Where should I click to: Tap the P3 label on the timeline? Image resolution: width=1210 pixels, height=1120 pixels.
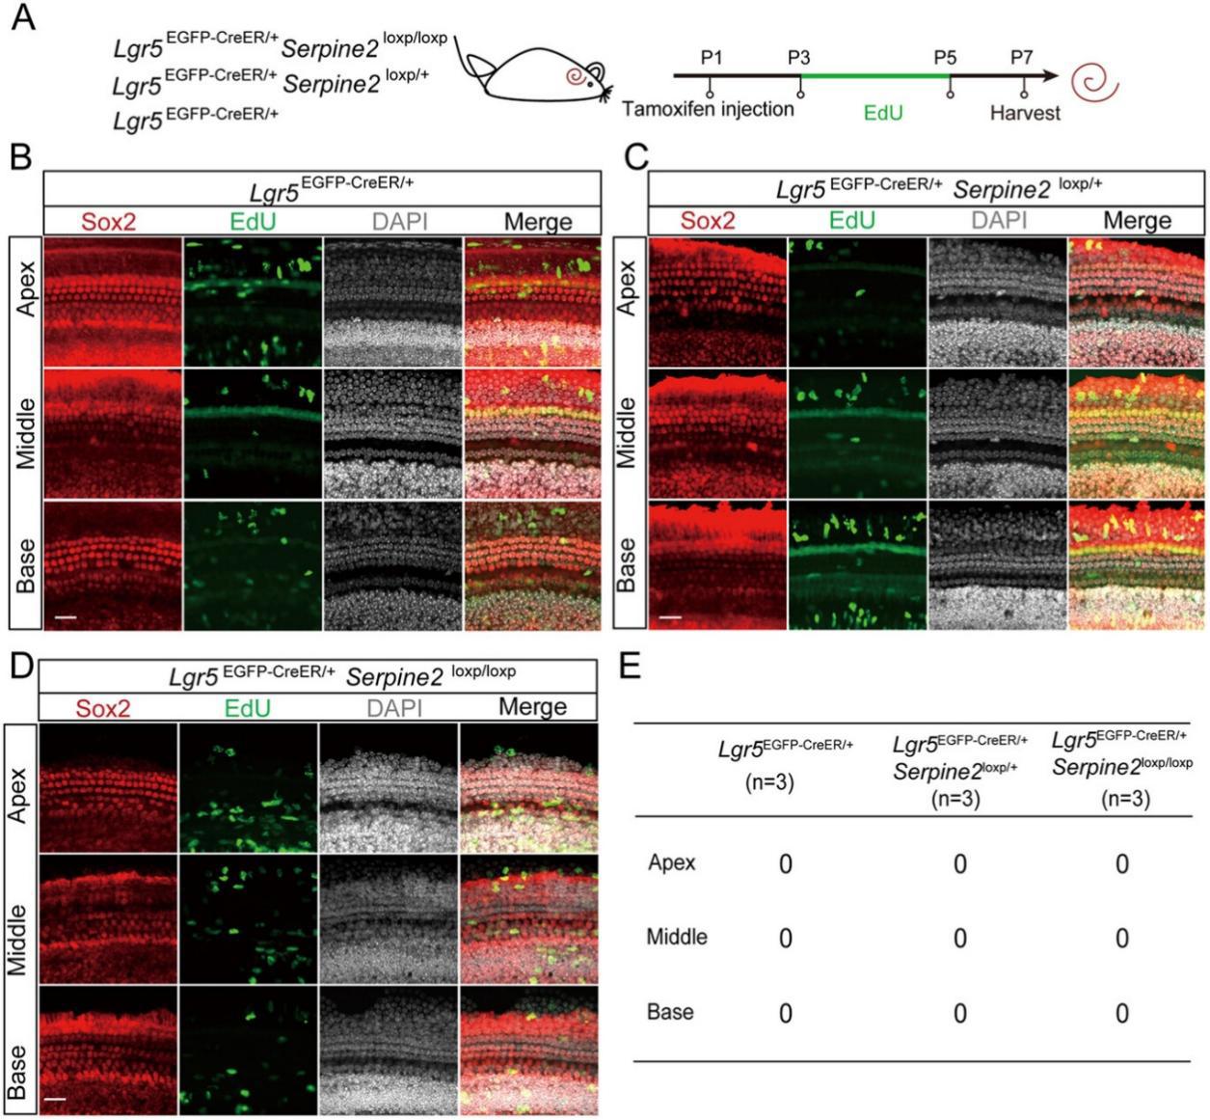pos(798,58)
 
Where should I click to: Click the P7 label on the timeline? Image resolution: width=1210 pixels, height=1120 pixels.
pos(1022,57)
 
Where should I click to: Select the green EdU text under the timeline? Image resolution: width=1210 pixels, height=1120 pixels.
pos(883,113)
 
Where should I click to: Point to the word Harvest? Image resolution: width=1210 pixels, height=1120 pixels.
pos(1025,113)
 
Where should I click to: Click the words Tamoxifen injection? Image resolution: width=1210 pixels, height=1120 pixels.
pos(708,109)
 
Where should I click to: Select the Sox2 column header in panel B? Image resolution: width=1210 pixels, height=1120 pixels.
pos(108,221)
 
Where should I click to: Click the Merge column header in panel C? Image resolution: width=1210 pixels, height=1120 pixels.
pos(1137,220)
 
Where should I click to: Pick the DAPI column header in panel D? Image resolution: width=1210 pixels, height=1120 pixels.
pos(394,708)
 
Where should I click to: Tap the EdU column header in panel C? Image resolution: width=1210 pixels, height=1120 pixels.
pos(851,220)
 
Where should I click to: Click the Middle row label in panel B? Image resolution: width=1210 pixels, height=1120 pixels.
pos(26,433)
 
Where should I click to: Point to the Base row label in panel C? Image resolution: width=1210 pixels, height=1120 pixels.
pos(627,565)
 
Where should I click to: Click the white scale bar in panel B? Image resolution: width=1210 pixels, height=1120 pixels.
pos(66,617)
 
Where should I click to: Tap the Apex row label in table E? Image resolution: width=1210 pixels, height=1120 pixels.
pos(671,862)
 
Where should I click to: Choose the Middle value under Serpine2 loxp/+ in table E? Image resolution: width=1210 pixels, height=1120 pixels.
pos(960,939)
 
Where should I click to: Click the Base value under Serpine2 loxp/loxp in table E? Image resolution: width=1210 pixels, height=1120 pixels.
pos(1122,1014)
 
